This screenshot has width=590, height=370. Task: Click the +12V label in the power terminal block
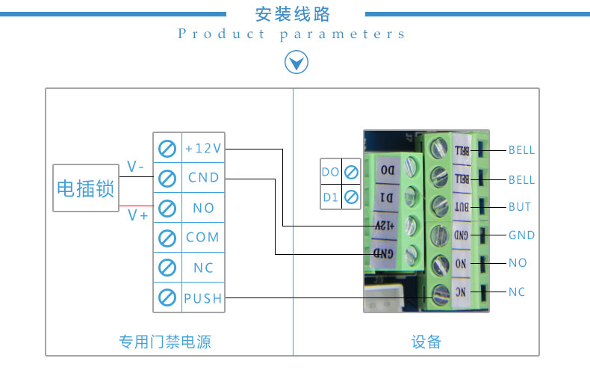(203, 148)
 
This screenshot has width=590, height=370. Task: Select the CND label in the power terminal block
(204, 177)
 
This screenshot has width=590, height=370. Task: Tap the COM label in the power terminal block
(202, 238)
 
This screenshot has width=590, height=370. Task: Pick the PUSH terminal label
(203, 298)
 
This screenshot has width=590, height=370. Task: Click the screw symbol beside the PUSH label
(167, 297)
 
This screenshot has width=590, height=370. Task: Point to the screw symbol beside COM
(167, 238)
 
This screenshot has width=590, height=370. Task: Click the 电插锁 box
(86, 188)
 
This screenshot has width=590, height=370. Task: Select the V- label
(135, 166)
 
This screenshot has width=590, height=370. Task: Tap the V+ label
(137, 215)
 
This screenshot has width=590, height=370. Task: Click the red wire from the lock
(136, 206)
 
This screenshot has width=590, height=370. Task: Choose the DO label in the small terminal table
(330, 172)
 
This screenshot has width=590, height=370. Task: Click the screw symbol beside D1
(352, 197)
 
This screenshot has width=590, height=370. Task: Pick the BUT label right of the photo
(520, 207)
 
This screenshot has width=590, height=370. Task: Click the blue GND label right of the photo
(521, 235)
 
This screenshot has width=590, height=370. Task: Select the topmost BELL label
(521, 150)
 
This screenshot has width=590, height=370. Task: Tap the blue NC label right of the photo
(517, 292)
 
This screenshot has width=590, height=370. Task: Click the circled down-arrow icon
(296, 62)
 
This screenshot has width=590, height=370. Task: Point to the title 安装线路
(293, 14)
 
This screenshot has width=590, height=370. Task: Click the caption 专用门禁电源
(165, 342)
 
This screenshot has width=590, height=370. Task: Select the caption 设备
(426, 342)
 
